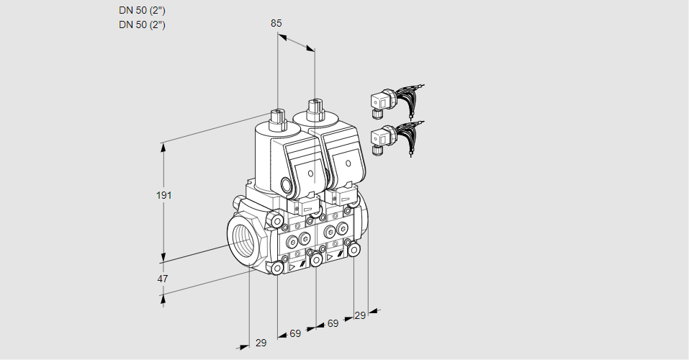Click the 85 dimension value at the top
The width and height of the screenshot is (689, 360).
click(276, 23)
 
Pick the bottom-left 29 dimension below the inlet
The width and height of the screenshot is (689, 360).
click(261, 343)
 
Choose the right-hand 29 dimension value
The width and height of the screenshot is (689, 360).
click(360, 315)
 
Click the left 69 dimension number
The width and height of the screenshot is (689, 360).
click(295, 333)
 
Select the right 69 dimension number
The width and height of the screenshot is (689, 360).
click(333, 323)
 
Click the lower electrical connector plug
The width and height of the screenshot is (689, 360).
click(380, 138)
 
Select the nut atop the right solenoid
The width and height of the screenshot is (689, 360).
click(314, 109)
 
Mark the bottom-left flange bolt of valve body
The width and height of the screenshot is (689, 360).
click(277, 268)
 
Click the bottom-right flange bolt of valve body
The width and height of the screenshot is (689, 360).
click(354, 249)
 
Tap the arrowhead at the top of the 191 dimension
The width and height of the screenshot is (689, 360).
click(164, 146)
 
